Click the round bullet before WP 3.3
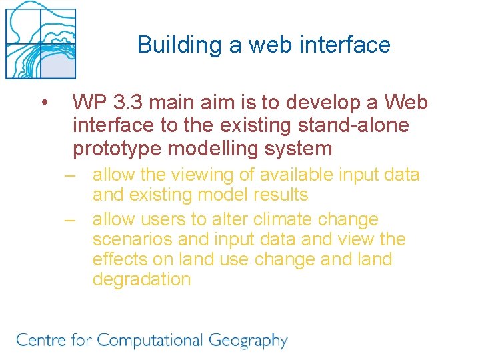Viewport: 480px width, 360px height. [x=43, y=103]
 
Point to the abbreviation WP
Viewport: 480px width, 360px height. [x=91, y=103]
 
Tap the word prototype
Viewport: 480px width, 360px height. [x=117, y=148]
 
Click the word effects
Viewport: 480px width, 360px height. [x=121, y=259]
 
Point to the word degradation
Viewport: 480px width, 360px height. [x=141, y=279]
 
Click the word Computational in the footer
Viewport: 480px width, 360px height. [x=151, y=341]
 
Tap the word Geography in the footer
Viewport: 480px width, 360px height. [x=248, y=341]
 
